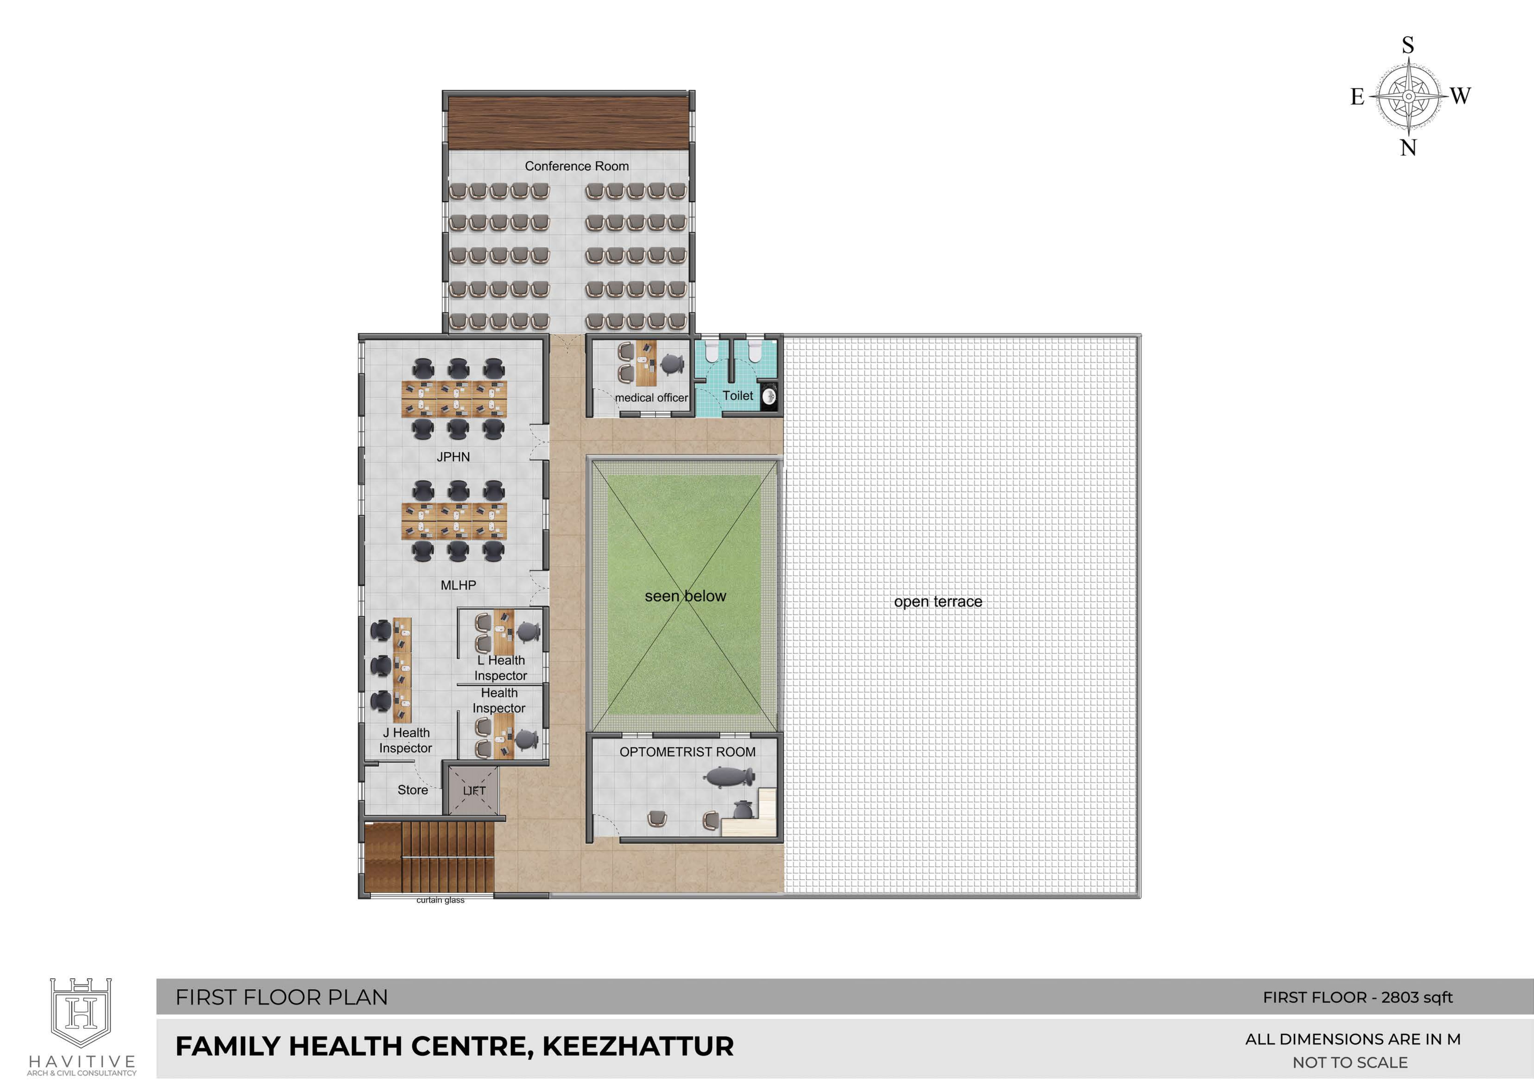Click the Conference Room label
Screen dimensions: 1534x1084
pyautogui.click(x=577, y=166)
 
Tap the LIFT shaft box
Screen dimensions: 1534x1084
pyautogui.click(x=474, y=791)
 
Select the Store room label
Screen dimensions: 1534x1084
pyautogui.click(x=413, y=790)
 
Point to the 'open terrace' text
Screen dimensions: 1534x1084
pyautogui.click(x=938, y=601)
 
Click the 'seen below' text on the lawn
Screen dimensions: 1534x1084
pyautogui.click(x=686, y=596)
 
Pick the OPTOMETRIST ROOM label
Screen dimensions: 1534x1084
pyautogui.click(x=687, y=752)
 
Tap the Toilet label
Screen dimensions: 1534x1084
pyautogui.click(x=738, y=396)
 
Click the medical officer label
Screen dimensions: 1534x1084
pyautogui.click(x=651, y=398)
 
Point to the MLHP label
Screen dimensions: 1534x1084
pyautogui.click(x=458, y=585)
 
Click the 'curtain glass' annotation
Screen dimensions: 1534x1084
pyautogui.click(x=440, y=900)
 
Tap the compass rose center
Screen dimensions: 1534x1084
pyautogui.click(x=1408, y=96)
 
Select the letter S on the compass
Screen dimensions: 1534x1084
pyautogui.click(x=1408, y=45)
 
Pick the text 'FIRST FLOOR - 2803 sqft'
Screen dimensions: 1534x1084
pyautogui.click(x=1358, y=998)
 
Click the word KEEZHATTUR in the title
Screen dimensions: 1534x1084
pyautogui.click(x=638, y=1047)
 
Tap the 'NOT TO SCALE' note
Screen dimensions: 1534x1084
pyautogui.click(x=1350, y=1063)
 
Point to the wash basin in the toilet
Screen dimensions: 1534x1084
pyautogui.click(x=769, y=396)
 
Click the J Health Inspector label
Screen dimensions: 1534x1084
pyautogui.click(x=406, y=740)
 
